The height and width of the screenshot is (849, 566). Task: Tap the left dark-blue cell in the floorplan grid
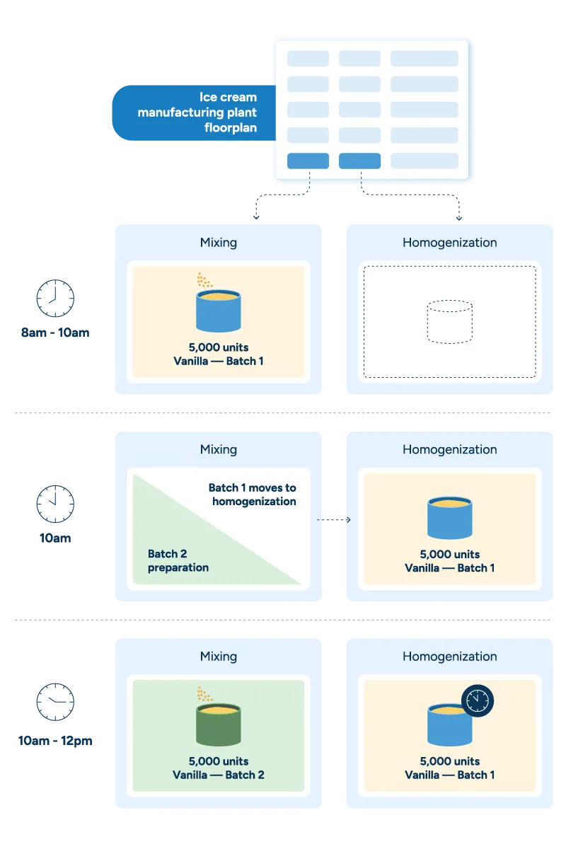tap(308, 161)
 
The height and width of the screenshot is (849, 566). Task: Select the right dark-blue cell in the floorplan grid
tap(359, 161)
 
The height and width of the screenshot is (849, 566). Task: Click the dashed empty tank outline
tap(450, 322)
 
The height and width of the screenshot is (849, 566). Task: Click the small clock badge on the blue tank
tap(478, 700)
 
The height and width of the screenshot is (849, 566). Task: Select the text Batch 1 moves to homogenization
tap(252, 495)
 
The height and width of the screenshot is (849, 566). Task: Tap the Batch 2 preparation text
tap(178, 560)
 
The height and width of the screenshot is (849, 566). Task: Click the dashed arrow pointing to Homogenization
tap(334, 520)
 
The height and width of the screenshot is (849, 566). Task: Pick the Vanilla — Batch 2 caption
tap(219, 775)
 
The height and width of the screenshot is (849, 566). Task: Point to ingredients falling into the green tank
tap(204, 693)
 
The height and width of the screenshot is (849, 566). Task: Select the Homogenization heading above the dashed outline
tap(449, 243)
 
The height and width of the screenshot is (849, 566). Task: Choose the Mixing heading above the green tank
tap(219, 657)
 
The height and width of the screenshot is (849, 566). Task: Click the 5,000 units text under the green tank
tap(219, 761)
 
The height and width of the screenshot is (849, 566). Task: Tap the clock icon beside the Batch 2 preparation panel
tap(54, 504)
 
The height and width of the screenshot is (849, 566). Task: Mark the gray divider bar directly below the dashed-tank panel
tap(283, 412)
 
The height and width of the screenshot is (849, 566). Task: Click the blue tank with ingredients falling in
tap(219, 309)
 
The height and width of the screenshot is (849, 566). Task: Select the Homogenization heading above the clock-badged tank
tap(449, 657)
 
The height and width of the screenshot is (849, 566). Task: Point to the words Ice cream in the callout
tap(229, 97)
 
